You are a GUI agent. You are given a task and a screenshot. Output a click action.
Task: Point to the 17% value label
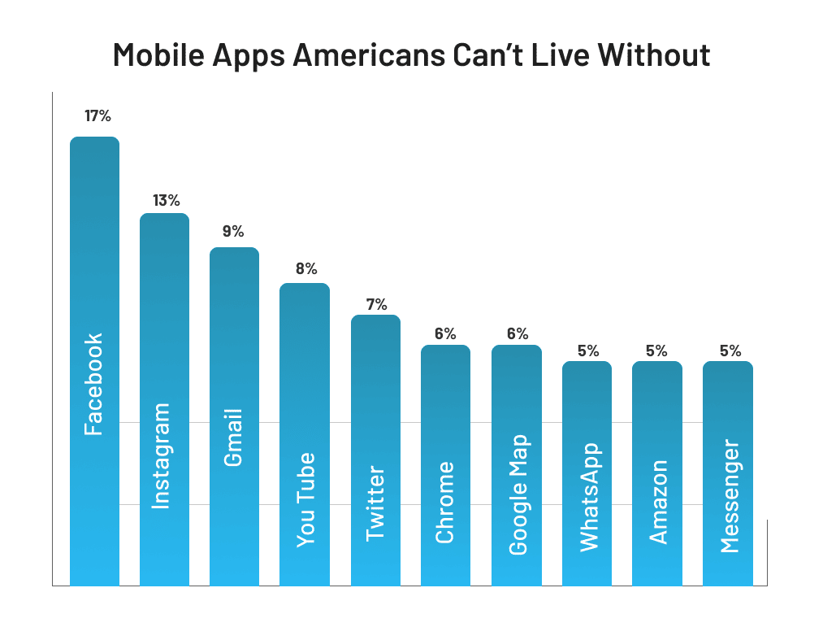97,115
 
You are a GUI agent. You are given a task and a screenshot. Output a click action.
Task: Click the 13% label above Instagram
167,200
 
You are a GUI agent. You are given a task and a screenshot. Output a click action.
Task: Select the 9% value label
233,232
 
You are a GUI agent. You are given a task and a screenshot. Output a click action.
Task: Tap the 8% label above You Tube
306,268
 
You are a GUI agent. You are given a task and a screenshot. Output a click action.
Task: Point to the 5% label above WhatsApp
588,351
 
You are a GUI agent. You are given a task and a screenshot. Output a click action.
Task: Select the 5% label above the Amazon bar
656,351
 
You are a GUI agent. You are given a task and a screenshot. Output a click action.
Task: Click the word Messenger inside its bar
730,496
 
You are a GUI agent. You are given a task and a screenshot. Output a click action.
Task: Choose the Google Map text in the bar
518,494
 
